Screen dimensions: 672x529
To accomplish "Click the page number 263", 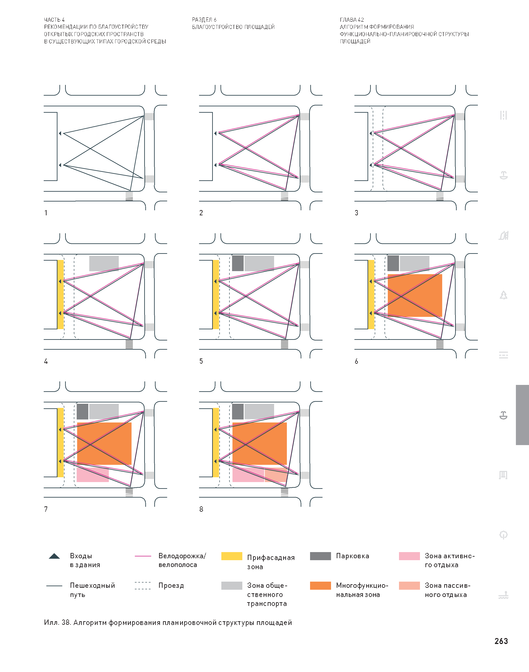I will click(x=501, y=641).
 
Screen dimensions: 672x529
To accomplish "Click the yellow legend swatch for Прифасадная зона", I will click(x=232, y=556).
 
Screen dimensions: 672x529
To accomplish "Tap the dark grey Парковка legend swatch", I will click(x=320, y=556).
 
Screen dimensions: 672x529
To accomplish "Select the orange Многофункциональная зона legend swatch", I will click(x=320, y=586).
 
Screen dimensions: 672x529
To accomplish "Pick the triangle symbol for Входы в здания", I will click(x=54, y=556).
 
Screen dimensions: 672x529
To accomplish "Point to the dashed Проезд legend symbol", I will click(x=143, y=586).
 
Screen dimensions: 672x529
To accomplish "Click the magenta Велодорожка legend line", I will click(x=143, y=556).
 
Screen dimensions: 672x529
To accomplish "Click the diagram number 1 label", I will click(x=46, y=213).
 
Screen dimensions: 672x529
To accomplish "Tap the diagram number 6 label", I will click(x=356, y=361).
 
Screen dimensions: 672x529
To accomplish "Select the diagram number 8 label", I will click(x=201, y=509).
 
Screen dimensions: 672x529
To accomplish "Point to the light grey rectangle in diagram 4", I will click(x=104, y=263).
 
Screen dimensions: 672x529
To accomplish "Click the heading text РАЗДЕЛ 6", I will click(x=204, y=19).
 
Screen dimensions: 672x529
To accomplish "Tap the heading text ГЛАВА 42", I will click(x=352, y=19).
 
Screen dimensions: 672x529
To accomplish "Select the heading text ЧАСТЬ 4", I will click(x=54, y=19).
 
